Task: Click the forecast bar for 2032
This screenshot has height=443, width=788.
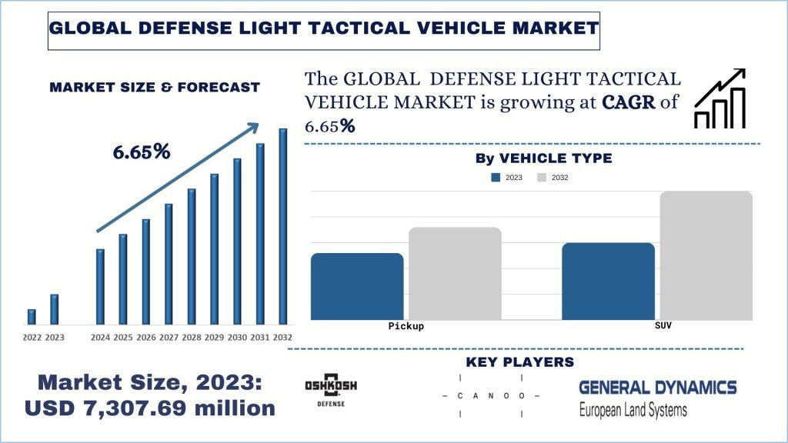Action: click(283, 226)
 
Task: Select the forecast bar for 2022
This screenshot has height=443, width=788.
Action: click(32, 317)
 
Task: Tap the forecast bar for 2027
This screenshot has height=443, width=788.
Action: click(169, 264)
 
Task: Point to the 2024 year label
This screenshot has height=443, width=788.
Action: click(100, 337)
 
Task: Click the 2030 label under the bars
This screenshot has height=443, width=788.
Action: click(237, 337)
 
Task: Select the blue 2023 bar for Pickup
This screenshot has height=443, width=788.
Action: click(357, 286)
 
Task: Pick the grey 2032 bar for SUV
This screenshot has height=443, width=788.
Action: click(706, 255)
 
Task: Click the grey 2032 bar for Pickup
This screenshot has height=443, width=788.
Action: click(455, 273)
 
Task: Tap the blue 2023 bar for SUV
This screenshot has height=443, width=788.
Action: click(608, 281)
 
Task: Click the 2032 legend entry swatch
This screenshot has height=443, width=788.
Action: click(542, 178)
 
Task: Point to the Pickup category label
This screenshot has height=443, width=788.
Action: click(406, 326)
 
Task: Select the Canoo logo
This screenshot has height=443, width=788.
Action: click(491, 395)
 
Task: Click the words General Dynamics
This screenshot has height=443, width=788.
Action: click(657, 387)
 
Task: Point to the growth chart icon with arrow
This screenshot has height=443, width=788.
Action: click(720, 98)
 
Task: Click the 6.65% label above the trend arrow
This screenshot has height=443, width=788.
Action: click(142, 152)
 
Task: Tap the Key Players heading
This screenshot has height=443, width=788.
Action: click(519, 361)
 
